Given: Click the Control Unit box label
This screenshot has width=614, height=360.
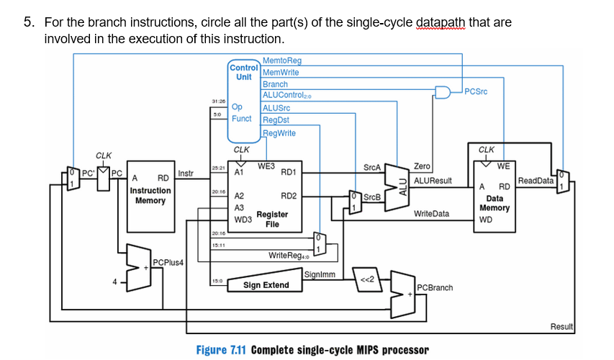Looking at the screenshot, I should (243, 72).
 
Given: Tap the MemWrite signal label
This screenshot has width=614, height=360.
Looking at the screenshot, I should (280, 72).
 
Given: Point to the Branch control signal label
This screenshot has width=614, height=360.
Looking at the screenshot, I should (275, 84).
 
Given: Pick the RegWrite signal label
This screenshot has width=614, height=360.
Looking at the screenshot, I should (280, 132).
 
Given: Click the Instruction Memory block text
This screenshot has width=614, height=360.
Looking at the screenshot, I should (150, 195).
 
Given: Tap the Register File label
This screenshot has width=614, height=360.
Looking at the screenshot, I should (272, 219).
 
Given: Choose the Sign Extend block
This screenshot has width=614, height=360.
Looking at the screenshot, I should (266, 285).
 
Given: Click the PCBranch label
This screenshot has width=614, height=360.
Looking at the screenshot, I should (435, 288).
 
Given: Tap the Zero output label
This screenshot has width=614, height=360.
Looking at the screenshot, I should (423, 166).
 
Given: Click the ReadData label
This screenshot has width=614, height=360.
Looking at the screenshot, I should (536, 181).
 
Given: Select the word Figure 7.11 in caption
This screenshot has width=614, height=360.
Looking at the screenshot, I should (222, 350).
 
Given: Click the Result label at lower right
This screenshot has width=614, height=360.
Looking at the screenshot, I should (561, 327).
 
